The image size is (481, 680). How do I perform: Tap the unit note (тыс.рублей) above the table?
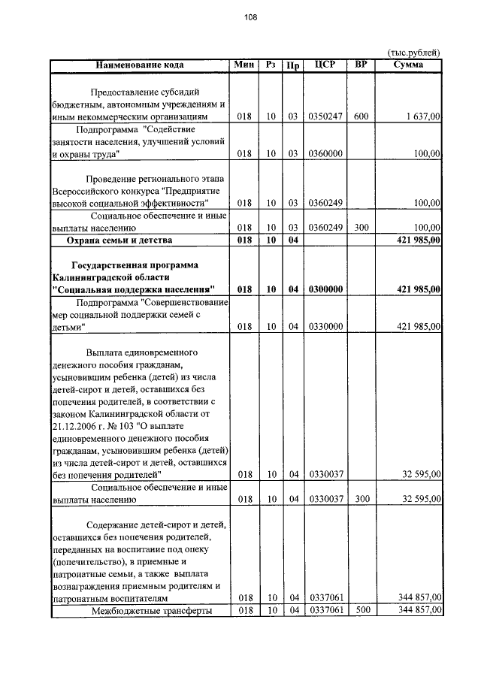pyautogui.click(x=413, y=52)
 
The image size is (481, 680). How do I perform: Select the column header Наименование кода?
pyautogui.click(x=140, y=65)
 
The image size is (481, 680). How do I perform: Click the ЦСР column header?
pyautogui.click(x=325, y=65)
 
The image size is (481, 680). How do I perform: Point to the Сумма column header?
pyautogui.click(x=408, y=65)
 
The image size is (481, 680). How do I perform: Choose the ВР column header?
pyautogui.click(x=361, y=65)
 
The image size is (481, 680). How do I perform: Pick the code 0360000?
pyautogui.click(x=325, y=153)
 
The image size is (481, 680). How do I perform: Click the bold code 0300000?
pyautogui.click(x=325, y=289)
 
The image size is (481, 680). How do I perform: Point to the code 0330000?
pyautogui.click(x=325, y=326)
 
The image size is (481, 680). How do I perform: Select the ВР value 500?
pyautogui.click(x=361, y=610)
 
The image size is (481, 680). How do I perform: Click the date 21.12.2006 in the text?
pyautogui.click(x=74, y=425)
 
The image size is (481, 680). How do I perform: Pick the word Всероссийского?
pyautogui.click(x=88, y=190)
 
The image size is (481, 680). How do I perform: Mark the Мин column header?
pyautogui.click(x=244, y=65)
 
